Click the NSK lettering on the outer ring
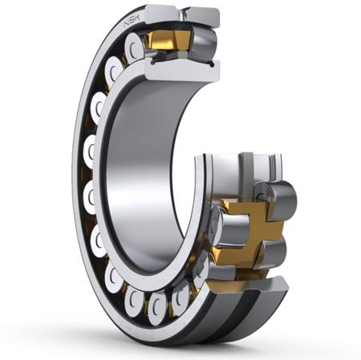coord(131,21)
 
